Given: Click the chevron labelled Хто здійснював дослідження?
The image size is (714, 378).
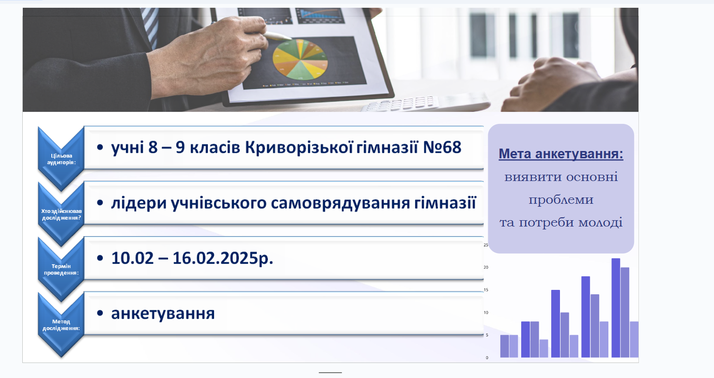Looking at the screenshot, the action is (x=61, y=214).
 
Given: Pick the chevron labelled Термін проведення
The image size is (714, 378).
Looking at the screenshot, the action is (x=61, y=269).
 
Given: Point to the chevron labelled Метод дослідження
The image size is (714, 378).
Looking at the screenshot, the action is (x=61, y=324).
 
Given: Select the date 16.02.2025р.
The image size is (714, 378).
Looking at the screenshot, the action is (x=223, y=258).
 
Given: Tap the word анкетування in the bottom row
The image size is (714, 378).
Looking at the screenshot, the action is (x=163, y=313).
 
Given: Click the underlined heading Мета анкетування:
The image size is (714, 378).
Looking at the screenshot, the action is (x=560, y=154).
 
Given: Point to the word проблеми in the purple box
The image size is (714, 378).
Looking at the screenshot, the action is (x=561, y=200).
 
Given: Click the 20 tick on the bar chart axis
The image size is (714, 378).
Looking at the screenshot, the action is (x=486, y=267).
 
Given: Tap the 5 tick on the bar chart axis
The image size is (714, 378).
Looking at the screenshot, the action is (x=487, y=335).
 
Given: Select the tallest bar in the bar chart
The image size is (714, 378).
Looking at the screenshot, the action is (x=616, y=308).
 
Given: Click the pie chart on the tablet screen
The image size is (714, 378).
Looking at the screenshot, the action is (x=300, y=59).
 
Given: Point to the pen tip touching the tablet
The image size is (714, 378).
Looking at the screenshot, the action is (x=289, y=39).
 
